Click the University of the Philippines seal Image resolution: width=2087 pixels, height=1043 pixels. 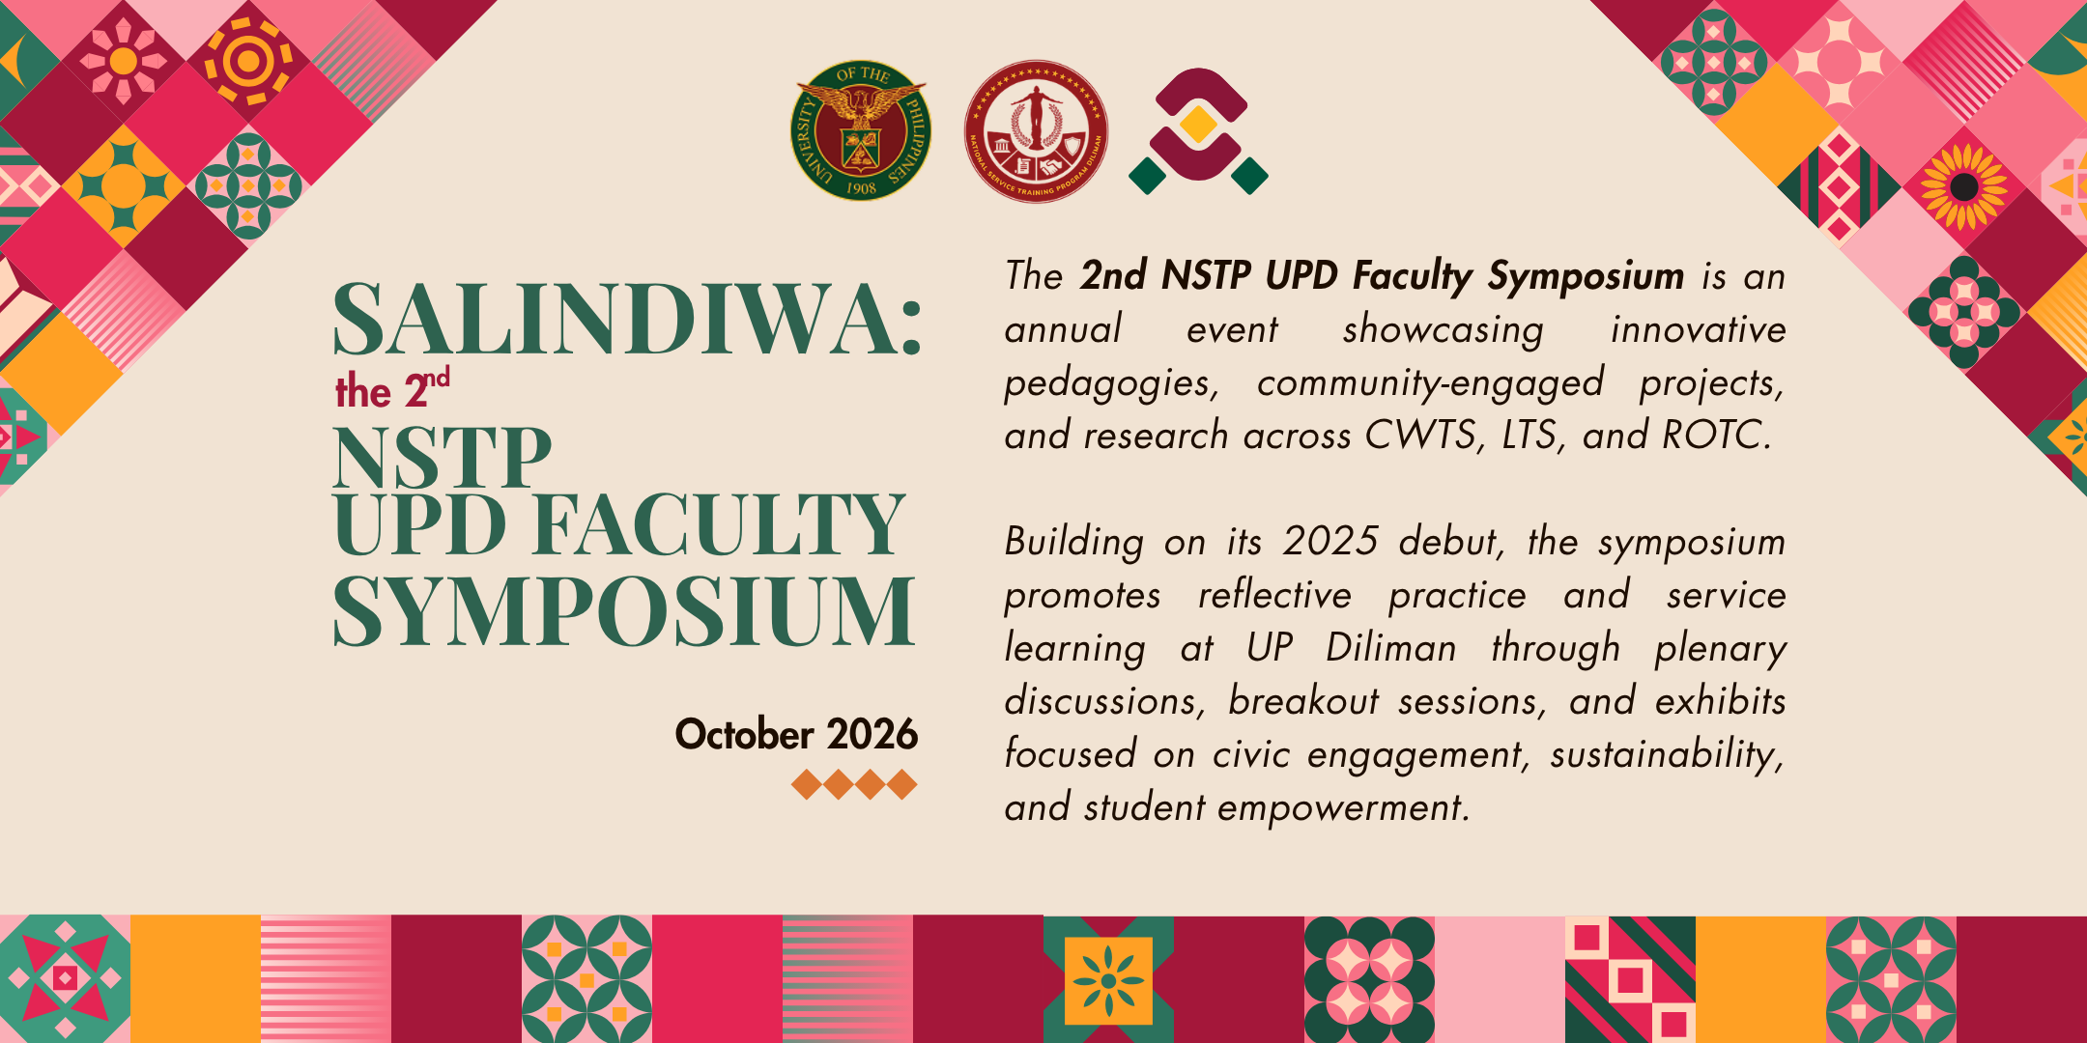[861, 131]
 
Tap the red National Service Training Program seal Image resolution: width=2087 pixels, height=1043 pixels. [1036, 131]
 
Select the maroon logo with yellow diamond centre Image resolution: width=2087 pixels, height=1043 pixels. [1198, 131]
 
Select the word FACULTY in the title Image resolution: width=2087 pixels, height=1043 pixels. [719, 524]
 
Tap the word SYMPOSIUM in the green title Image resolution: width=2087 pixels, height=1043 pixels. [623, 610]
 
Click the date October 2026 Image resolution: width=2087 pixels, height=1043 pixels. [796, 735]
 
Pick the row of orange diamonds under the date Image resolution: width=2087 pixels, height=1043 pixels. [854, 784]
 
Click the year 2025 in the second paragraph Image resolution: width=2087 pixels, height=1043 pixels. [1330, 542]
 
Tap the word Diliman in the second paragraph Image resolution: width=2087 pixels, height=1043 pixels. [1391, 648]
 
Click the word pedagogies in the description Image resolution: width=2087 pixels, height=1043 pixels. [1112, 384]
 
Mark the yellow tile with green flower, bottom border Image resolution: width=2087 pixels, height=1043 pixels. [1108, 980]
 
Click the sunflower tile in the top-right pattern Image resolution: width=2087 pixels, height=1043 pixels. [1962, 186]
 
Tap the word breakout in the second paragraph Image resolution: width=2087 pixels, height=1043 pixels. [1303, 701]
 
